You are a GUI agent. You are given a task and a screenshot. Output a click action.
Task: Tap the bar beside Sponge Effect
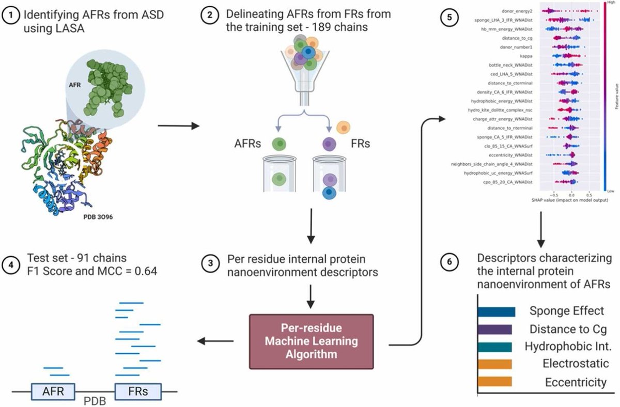[496, 311]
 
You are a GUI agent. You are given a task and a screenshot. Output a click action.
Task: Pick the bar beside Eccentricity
[494, 382]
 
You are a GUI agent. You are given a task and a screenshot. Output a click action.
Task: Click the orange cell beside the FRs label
[342, 127]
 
